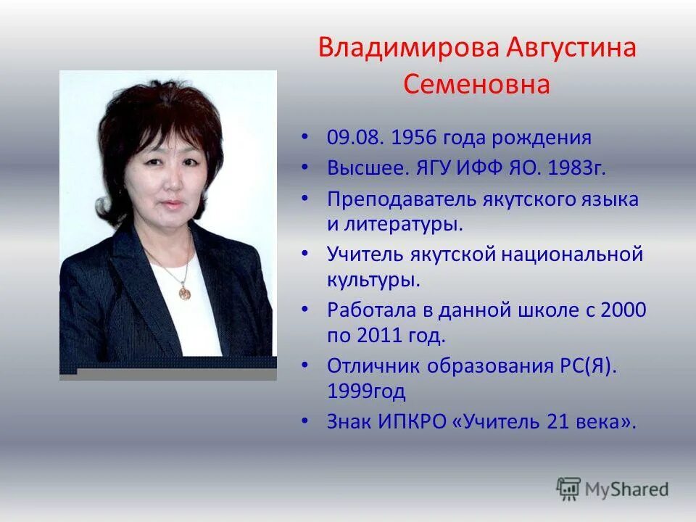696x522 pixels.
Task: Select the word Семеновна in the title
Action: click(477, 84)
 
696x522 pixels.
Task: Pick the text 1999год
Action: click(366, 391)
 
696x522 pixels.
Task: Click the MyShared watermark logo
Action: click(613, 489)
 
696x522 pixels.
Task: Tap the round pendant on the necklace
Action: click(184, 292)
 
